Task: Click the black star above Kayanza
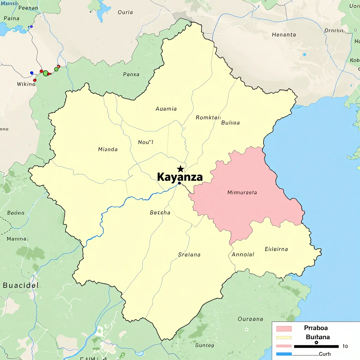[180, 169]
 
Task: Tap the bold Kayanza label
[180, 177]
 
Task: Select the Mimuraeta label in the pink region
[242, 192]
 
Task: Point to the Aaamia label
[166, 109]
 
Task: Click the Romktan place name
[208, 118]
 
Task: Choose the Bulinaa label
[231, 123]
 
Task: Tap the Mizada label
[108, 149]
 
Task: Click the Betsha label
[160, 212]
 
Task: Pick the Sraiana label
[189, 255]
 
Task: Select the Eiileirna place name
[276, 249]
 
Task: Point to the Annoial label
[243, 254]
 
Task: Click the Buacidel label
[21, 285]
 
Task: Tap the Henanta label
[284, 35]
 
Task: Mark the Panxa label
[131, 75]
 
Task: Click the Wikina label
[26, 84]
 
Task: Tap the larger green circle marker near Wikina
[46, 73]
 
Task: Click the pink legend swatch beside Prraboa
[284, 329]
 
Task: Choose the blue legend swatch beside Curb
[284, 354]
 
